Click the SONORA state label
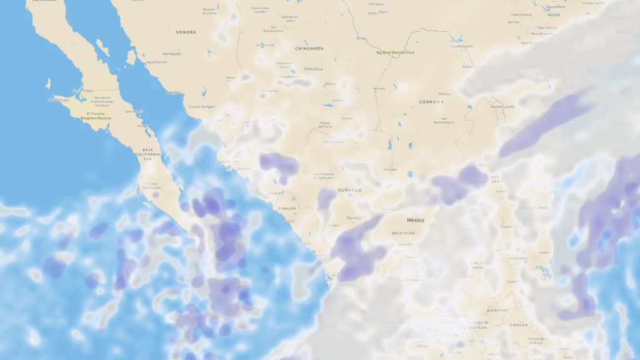[186, 32]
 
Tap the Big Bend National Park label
[395, 52]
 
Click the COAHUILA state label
[431, 101]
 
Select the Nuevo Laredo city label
[503, 106]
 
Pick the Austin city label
[553, 14]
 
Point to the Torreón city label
[390, 169]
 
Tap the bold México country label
[415, 220]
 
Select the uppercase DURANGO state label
[350, 190]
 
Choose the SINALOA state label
[287, 208]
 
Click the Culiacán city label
[275, 194]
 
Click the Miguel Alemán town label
[156, 62]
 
